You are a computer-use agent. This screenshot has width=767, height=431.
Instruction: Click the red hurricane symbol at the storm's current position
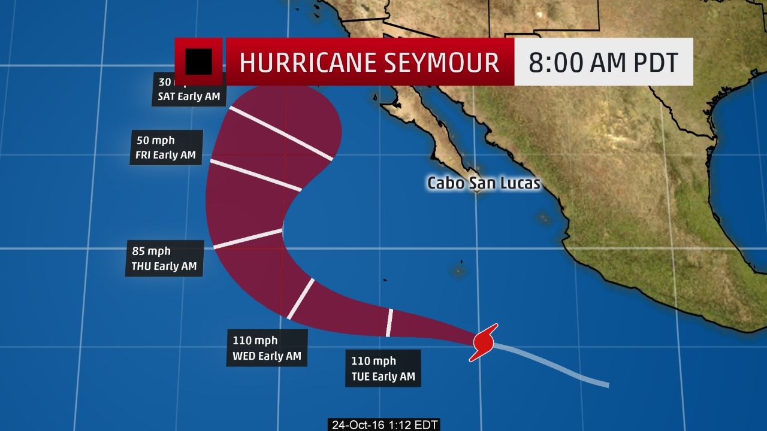coord(484,342)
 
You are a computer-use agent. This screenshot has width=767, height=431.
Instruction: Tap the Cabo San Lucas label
coord(483,183)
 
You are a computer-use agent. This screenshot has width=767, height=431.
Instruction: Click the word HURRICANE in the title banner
coord(304,62)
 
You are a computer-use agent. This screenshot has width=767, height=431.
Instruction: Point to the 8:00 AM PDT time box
coord(603,62)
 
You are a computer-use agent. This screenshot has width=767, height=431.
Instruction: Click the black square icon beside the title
coord(198,61)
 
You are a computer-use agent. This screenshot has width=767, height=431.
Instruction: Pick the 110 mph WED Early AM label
coord(267,348)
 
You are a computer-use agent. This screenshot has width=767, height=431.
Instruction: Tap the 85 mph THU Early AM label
coord(164,259)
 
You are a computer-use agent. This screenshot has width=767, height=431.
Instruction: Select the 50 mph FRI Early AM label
coord(166,147)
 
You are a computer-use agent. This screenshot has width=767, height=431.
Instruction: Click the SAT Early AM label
coord(188,96)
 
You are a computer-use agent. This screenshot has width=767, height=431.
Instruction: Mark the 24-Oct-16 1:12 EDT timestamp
coord(385,425)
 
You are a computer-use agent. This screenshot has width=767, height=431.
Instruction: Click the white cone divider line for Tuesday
coord(389,323)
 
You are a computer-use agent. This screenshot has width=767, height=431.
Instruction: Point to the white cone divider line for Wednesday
coord(301,298)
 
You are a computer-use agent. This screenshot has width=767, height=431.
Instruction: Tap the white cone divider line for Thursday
coord(248,238)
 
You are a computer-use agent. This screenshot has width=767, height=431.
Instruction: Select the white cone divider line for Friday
coord(256,175)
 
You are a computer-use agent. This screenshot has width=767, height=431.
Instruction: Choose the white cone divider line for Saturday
coord(280,133)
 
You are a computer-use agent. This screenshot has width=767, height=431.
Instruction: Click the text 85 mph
coord(156,251)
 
